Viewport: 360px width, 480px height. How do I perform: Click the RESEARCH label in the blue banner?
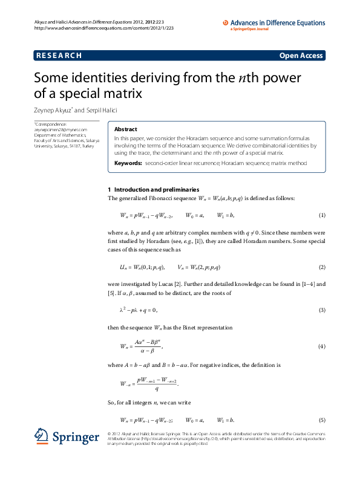pyautogui.click(x=59, y=56)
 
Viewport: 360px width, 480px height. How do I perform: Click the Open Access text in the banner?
pyautogui.click(x=301, y=56)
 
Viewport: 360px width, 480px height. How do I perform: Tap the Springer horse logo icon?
pyautogui.click(x=42, y=436)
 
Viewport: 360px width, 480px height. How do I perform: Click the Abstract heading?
pyautogui.click(x=126, y=129)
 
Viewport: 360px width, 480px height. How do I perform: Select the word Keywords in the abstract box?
pyautogui.click(x=128, y=163)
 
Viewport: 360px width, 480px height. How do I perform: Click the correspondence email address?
pyautogui.click(x=61, y=129)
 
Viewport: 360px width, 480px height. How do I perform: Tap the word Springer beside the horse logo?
pyautogui.click(x=75, y=436)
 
